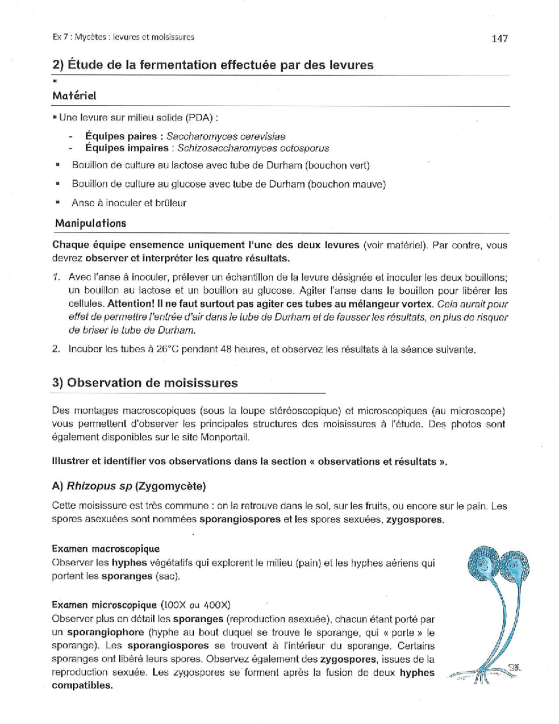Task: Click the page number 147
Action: coord(499,39)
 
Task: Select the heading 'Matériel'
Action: coord(74,96)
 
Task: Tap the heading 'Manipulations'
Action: coord(90,223)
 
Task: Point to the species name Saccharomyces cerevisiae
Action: coord(225,137)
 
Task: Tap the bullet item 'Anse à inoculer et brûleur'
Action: coord(129,203)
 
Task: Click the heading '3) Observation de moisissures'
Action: coord(145,383)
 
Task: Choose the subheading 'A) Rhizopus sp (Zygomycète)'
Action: coord(129,486)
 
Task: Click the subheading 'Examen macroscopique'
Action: coord(106,549)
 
